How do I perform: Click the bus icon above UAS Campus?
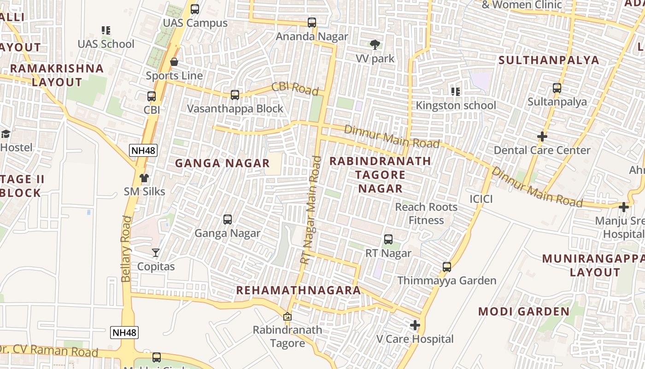pos(195,9)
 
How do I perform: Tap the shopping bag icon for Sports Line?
pos(174,62)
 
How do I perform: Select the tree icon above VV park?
pos(375,45)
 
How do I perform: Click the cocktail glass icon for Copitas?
pos(156,253)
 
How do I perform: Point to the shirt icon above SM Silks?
pos(144,178)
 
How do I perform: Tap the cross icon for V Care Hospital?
pos(415,325)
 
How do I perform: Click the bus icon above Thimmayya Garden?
pos(446,267)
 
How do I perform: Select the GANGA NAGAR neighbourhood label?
pos(222,163)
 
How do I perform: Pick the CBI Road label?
pos(295,88)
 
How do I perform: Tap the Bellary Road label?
pos(126,249)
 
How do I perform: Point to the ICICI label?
pos(481,199)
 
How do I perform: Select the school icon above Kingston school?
pos(456,91)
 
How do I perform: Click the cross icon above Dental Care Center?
pos(542,137)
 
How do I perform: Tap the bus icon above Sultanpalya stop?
pos(557,88)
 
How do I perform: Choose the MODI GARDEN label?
pos(524,311)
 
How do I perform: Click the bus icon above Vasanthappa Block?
pos(235,95)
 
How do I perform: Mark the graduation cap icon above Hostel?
pos(6,134)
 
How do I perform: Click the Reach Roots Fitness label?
pos(426,214)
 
